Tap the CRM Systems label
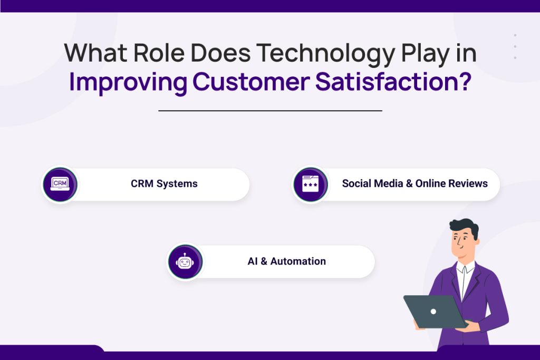[x=164, y=184]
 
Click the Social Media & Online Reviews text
[x=414, y=184]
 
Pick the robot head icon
[x=185, y=261]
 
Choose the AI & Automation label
[x=286, y=261]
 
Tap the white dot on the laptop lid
[x=433, y=312]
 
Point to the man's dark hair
[x=464, y=227]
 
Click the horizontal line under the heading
[x=270, y=111]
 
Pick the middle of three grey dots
[x=515, y=46]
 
